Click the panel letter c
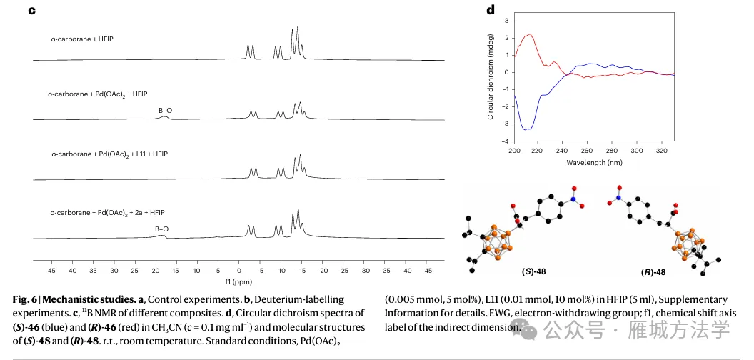coord(31,11)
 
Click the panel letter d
coord(491,10)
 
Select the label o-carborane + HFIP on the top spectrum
coord(82,38)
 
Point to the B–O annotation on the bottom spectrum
coord(162,229)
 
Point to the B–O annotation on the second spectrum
coord(165,110)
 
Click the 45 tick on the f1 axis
coord(51,271)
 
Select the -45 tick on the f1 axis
coord(426,271)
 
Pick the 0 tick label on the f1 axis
coord(239,271)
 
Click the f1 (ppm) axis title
coord(238,282)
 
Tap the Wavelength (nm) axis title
coord(594,162)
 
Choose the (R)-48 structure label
coord(651,272)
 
